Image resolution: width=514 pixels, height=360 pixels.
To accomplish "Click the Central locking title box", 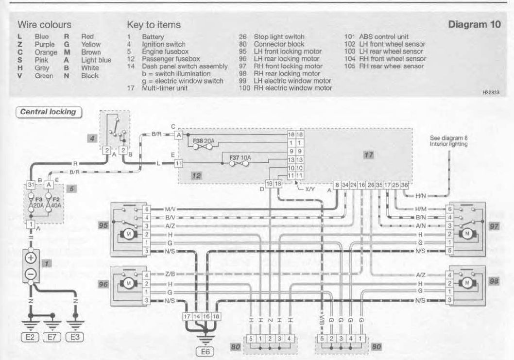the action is tap(49, 112).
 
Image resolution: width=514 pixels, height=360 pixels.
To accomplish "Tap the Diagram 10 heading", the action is tap(474, 24).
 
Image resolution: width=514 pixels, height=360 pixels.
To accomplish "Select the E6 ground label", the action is tap(205, 352).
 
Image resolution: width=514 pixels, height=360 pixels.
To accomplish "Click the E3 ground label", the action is tap(75, 337).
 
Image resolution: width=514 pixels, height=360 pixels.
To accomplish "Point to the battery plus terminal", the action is tap(31, 258).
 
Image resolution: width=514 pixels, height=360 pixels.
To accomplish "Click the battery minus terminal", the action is tap(31, 273).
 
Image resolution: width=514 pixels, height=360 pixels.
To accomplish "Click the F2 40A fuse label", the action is tap(56, 202).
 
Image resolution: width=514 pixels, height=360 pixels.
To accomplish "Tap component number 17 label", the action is tap(368, 155).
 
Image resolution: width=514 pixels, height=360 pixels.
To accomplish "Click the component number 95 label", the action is tap(103, 225).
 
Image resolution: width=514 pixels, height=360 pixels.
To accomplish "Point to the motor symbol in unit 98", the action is tap(467, 283).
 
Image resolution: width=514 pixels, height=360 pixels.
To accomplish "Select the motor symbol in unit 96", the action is tap(128, 283).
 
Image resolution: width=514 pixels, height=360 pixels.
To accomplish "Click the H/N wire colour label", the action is tap(420, 196).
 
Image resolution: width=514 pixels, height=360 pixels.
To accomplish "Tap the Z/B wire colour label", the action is tap(170, 274).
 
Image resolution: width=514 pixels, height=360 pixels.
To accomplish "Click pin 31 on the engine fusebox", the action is tap(31, 185).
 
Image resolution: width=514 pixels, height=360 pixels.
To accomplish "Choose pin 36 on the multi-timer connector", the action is tap(405, 185).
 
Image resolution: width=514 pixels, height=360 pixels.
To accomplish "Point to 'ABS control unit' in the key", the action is tap(384, 37).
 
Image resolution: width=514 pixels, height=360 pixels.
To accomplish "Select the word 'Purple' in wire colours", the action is tap(45, 44).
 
